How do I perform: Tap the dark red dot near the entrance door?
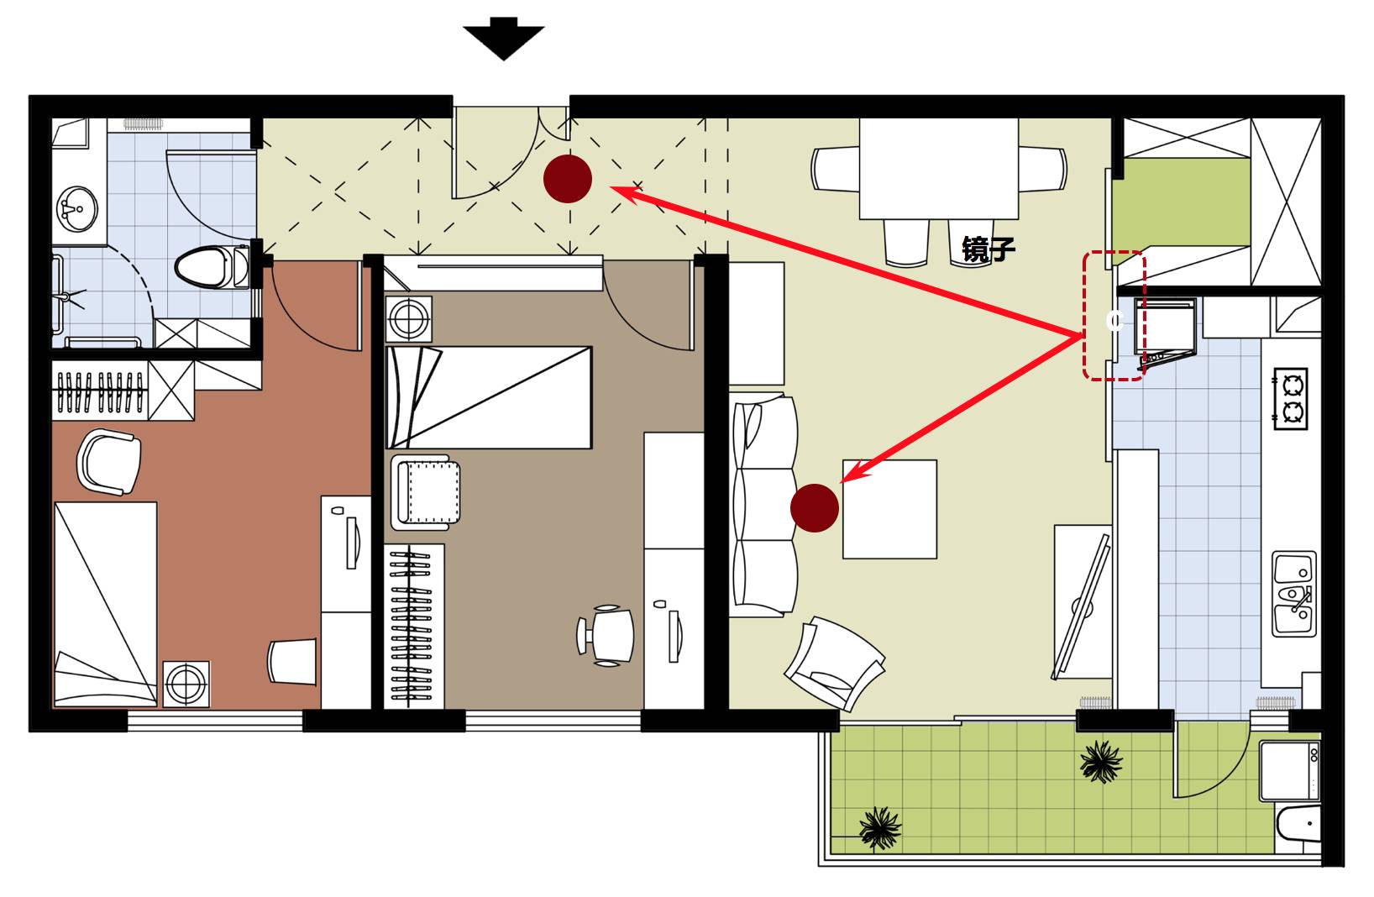[x=568, y=179]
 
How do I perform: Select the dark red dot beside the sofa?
[x=815, y=507]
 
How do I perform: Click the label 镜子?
[x=989, y=249]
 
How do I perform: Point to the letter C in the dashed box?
[x=1114, y=321]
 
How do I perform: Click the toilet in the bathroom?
[x=210, y=266]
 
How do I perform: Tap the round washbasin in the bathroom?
[x=77, y=207]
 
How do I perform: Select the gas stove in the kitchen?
[x=1290, y=398]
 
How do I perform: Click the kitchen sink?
[x=1293, y=594]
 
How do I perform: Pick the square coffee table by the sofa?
[x=889, y=509]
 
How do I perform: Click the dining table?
[x=938, y=168]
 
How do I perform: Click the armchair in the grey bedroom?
[x=425, y=492]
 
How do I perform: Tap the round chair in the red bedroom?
[x=109, y=461]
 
